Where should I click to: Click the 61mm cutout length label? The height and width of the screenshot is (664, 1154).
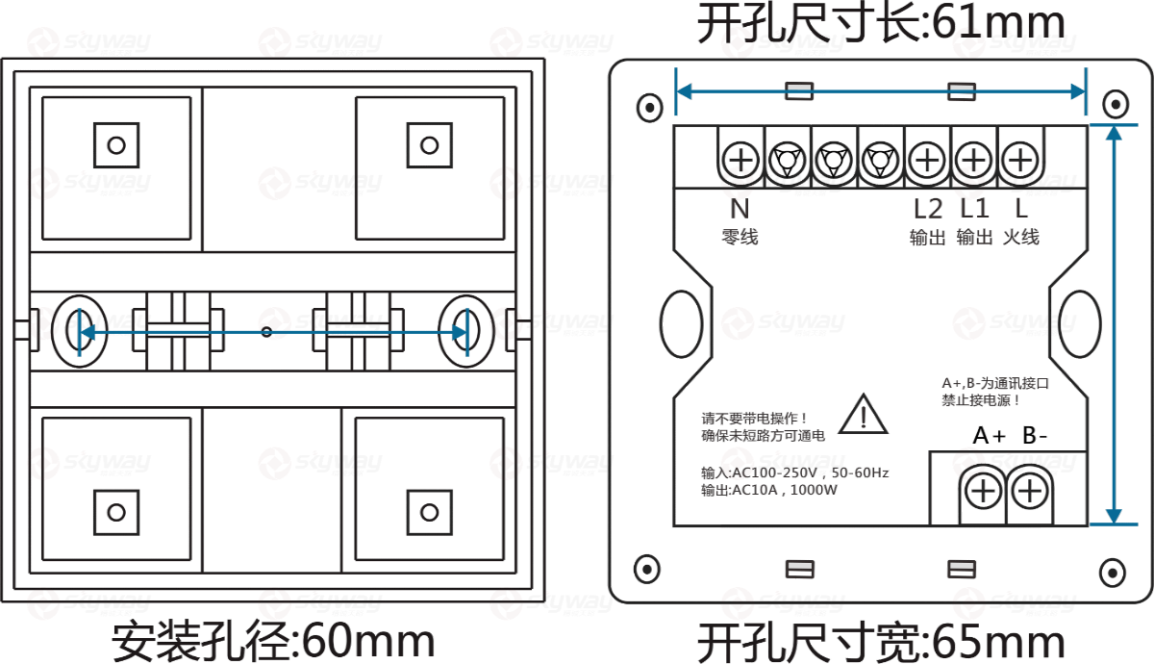point(881,21)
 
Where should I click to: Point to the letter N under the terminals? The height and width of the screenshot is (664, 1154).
point(740,208)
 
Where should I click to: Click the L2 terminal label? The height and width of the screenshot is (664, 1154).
point(928,208)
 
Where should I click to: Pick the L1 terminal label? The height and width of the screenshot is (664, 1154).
point(974,208)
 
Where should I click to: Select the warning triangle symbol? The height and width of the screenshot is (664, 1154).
point(863,415)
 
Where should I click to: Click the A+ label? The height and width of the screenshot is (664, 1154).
point(989,435)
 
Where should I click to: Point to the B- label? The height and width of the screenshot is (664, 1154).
point(1035,435)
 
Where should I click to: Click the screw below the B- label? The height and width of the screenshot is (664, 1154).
point(1029,492)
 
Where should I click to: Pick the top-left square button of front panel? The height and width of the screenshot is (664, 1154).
point(116,145)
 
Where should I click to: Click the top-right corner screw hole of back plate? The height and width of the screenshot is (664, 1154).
point(1115,104)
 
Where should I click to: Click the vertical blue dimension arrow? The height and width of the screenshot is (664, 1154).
point(1114,324)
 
